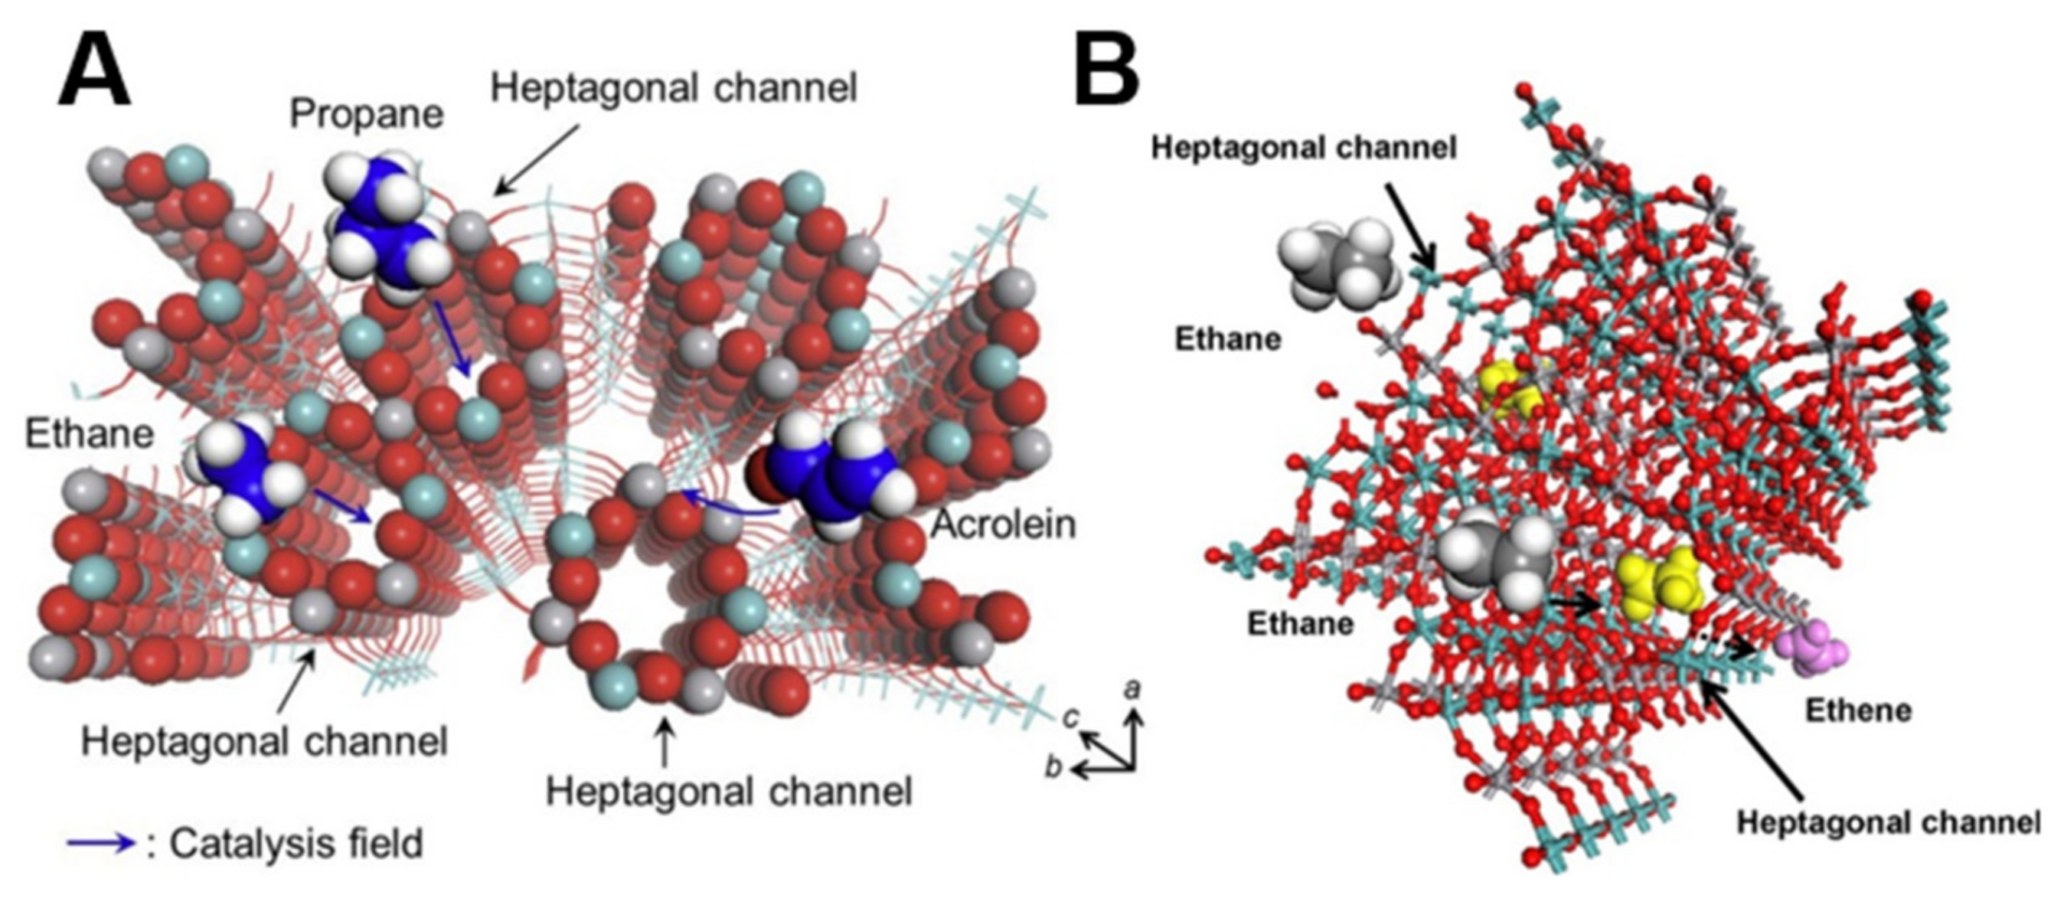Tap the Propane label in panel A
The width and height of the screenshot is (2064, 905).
point(366,115)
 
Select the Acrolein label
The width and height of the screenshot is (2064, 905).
point(1004,525)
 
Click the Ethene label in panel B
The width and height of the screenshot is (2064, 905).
point(1858,711)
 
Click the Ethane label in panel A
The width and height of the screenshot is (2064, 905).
point(90,434)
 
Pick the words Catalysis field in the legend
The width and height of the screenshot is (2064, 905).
point(296,843)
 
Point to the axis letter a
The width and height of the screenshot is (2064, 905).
point(1132,688)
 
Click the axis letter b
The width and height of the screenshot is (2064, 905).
point(1053,767)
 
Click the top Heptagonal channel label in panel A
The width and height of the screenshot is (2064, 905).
point(674,87)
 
